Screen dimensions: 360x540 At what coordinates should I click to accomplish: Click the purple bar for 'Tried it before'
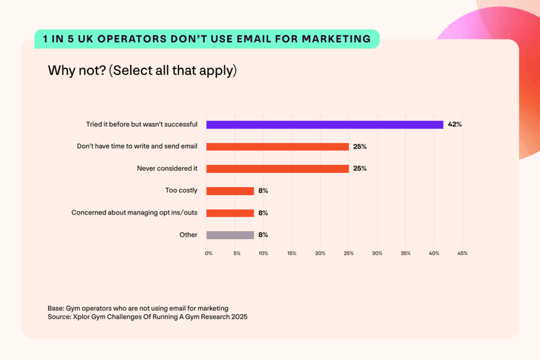[324, 125]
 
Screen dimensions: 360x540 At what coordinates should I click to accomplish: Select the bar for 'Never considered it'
[277, 169]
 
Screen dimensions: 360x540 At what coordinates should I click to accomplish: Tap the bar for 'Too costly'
[230, 191]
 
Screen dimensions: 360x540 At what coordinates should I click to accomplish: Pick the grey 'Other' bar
[230, 235]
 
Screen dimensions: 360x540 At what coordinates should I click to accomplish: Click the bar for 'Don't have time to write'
[277, 147]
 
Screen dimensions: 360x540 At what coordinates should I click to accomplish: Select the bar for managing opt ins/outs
[230, 213]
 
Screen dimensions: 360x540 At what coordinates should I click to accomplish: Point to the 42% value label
[455, 125]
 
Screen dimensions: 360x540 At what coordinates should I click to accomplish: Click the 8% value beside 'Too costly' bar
[263, 191]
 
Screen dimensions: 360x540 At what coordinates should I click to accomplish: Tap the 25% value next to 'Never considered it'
[360, 169]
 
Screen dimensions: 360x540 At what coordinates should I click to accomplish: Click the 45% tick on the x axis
[462, 254]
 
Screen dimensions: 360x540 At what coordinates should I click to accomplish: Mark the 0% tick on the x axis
[209, 254]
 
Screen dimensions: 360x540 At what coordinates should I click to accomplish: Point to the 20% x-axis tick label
[320, 254]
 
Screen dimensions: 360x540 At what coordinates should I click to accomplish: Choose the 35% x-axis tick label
[406, 254]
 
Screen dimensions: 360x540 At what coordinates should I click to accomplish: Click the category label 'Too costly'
[181, 191]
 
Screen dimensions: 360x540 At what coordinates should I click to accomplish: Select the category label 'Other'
[188, 235]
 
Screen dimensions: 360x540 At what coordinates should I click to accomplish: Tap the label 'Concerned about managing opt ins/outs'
[134, 213]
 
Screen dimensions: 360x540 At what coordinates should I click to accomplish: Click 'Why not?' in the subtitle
[76, 71]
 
